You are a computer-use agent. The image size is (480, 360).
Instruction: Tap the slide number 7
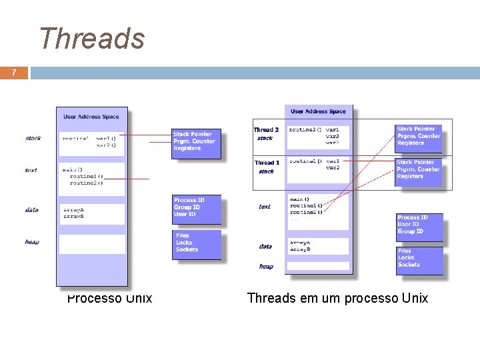(x=14, y=72)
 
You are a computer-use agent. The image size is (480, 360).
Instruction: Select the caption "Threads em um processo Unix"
(x=337, y=298)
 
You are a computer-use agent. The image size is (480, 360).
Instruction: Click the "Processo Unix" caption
(x=109, y=298)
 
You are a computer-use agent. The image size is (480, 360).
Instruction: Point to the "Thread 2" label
(x=266, y=130)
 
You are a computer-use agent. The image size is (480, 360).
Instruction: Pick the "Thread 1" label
(x=266, y=163)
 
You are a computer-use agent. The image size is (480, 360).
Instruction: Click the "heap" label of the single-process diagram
(x=32, y=242)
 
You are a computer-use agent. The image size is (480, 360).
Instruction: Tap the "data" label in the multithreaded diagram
(x=265, y=246)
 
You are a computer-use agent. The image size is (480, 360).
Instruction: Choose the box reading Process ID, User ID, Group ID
(x=419, y=225)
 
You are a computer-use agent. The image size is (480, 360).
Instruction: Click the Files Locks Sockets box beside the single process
(x=196, y=243)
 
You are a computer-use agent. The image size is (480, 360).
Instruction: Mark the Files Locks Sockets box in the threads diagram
(x=419, y=259)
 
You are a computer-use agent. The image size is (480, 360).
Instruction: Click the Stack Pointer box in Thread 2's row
(x=418, y=136)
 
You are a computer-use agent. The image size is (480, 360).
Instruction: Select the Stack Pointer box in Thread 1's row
(x=418, y=169)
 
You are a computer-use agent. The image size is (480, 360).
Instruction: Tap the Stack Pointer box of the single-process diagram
(x=195, y=141)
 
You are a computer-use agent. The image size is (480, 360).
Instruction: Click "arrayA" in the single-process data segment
(x=73, y=209)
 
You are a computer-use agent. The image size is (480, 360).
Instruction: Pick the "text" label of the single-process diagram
(x=31, y=171)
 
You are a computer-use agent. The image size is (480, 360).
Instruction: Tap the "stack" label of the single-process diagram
(x=33, y=139)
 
